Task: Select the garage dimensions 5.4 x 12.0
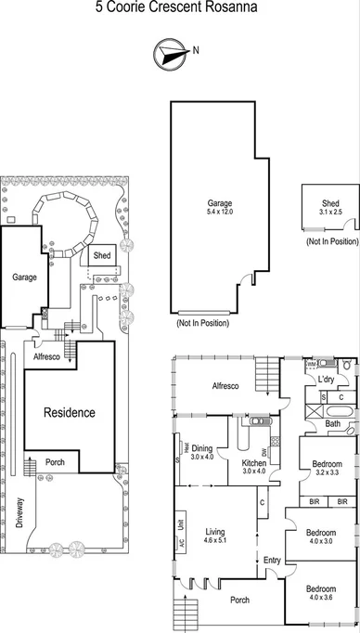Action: coord(219,212)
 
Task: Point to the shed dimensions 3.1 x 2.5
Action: coord(330,212)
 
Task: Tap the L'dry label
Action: coord(327,381)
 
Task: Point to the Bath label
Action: coord(332,424)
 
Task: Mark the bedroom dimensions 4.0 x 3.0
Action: coord(320,540)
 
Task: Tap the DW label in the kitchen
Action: coord(265,452)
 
